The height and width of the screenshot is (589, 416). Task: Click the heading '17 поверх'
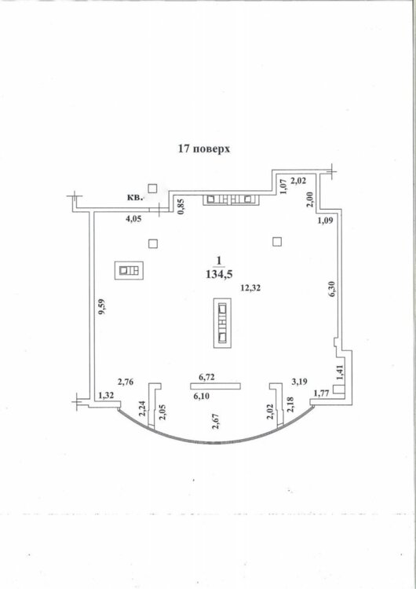pyautogui.click(x=204, y=148)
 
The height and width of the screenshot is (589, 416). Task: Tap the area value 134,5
pyautogui.click(x=219, y=275)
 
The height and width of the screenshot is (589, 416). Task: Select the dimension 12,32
pyautogui.click(x=251, y=288)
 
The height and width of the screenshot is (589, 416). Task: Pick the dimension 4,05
pyautogui.click(x=133, y=219)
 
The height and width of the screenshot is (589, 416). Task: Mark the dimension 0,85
pyautogui.click(x=181, y=207)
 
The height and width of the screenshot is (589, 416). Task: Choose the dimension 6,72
pyautogui.click(x=206, y=377)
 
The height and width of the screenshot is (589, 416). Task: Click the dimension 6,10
pyautogui.click(x=201, y=396)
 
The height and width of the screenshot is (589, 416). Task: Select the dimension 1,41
pyautogui.click(x=340, y=373)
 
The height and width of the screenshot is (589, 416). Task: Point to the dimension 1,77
pyautogui.click(x=321, y=393)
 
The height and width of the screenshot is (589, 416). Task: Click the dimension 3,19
pyautogui.click(x=300, y=382)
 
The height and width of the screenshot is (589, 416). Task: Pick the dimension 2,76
pyautogui.click(x=126, y=382)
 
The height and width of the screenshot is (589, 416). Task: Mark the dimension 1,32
pyautogui.click(x=106, y=396)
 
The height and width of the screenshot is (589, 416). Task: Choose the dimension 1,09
pyautogui.click(x=325, y=220)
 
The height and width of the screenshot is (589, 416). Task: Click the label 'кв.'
pyautogui.click(x=135, y=198)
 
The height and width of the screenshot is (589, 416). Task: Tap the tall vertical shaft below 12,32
pyautogui.click(x=222, y=323)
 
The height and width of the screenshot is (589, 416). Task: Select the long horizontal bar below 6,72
pyautogui.click(x=215, y=386)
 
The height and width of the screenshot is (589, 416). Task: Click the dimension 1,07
pyautogui.click(x=284, y=186)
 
